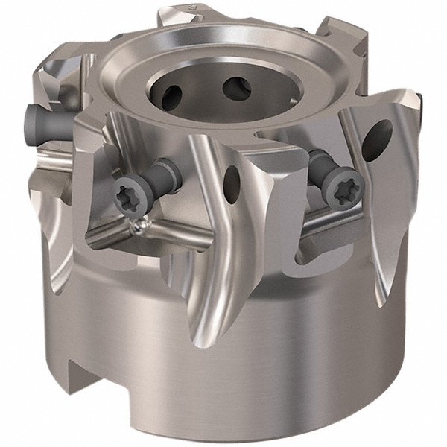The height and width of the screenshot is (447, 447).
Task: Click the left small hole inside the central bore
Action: pyautogui.click(x=171, y=95)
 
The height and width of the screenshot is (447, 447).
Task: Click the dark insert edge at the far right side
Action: pyautogui.click(x=421, y=104)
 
